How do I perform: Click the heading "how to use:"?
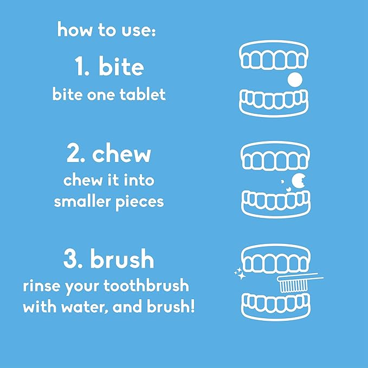(106, 29)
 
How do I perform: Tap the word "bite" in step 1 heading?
(121, 67)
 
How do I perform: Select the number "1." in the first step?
(82, 67)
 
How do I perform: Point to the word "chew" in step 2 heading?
(122, 154)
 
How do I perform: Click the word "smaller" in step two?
(80, 202)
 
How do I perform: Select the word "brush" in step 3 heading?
(122, 260)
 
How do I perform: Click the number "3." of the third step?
(73, 260)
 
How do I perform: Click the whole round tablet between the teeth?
(294, 80)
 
